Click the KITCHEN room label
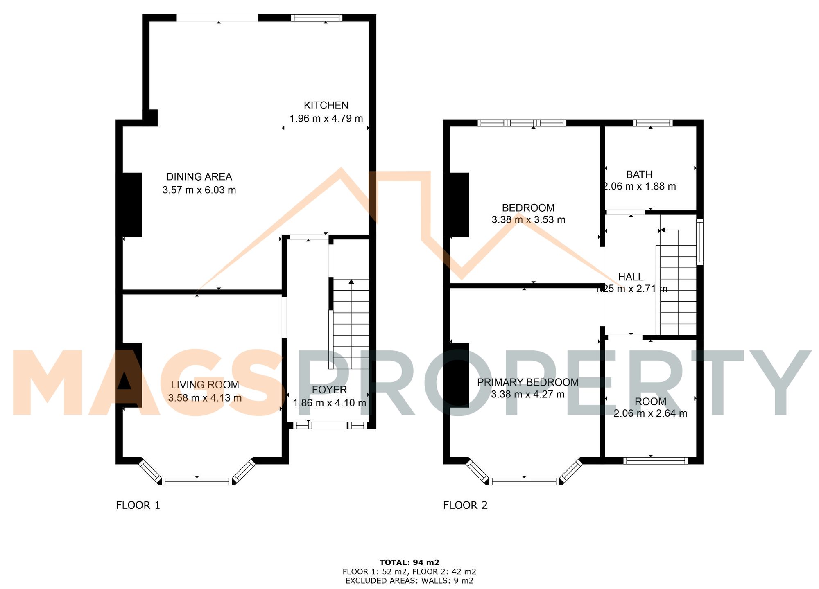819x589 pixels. (326, 106)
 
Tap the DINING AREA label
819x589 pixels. (199, 177)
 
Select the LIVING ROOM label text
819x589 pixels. (205, 385)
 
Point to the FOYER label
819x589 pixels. (329, 390)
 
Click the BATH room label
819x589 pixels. (639, 175)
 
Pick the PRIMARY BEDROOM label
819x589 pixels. (528, 382)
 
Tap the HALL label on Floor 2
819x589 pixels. (631, 277)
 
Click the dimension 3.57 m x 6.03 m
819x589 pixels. (199, 190)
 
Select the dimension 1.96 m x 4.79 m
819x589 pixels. (326, 119)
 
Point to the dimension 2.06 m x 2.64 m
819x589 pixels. (650, 413)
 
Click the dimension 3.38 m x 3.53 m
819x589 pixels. (528, 220)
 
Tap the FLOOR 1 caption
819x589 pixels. (138, 505)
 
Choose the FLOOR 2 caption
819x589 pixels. (465, 505)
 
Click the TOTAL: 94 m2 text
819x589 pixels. (409, 562)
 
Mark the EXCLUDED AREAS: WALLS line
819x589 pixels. (409, 580)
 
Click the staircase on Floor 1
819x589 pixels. (351, 323)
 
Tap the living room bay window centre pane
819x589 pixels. (197, 481)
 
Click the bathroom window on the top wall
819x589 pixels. (653, 123)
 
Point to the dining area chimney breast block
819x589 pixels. (132, 205)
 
